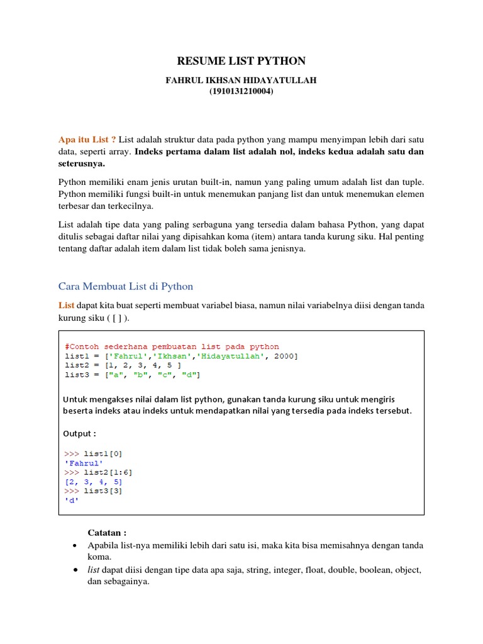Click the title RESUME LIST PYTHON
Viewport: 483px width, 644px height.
coord(241,61)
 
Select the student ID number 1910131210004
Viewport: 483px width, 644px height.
coord(241,92)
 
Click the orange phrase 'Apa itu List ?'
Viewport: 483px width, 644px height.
coord(87,139)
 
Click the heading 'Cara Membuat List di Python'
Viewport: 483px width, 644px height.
coord(126,287)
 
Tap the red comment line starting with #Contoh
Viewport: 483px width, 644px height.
coord(172,347)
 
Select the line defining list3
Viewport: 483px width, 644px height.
coord(132,375)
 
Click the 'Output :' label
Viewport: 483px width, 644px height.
coord(80,433)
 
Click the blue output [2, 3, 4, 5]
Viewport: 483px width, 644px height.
coord(93,482)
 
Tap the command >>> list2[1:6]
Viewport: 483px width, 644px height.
coord(98,472)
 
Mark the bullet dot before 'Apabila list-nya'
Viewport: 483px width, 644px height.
coord(75,545)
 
